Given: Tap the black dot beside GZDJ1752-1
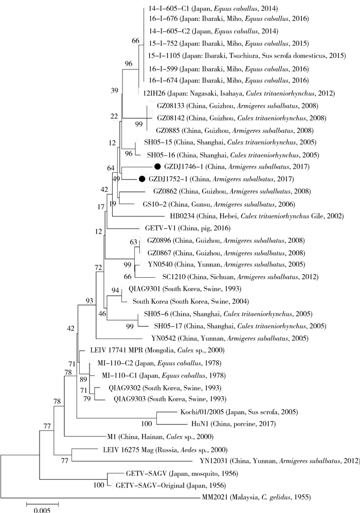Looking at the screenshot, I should click(142, 179).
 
